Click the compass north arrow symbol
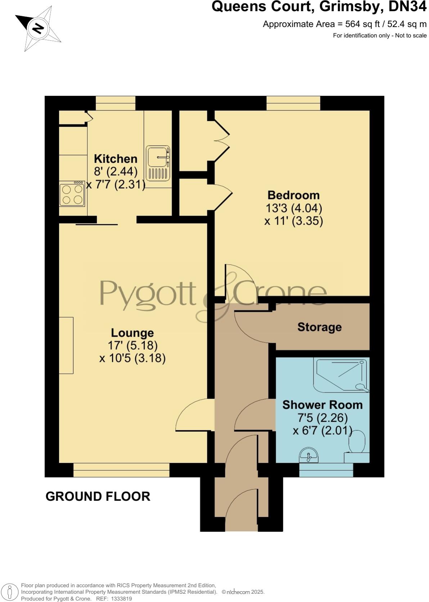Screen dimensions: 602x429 (x=38, y=28)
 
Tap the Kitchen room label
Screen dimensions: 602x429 (x=115, y=158)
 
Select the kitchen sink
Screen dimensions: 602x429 (x=158, y=163)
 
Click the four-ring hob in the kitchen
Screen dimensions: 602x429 (x=72, y=194)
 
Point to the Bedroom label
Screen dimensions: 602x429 (x=293, y=195)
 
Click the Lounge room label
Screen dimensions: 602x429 (x=132, y=333)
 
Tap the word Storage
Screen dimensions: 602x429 (x=319, y=327)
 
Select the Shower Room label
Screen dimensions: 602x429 (x=322, y=405)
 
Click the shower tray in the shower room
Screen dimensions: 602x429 (x=341, y=374)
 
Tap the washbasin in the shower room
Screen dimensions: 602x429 (x=308, y=455)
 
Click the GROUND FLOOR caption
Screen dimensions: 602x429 (x=98, y=496)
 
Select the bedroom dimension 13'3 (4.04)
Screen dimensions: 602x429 (x=293, y=208)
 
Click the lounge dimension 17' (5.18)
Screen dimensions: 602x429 (x=132, y=346)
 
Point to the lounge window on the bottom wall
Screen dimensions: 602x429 (x=121, y=470)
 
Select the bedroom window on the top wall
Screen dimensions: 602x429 (x=293, y=103)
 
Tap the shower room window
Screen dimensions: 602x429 (x=326, y=470)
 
